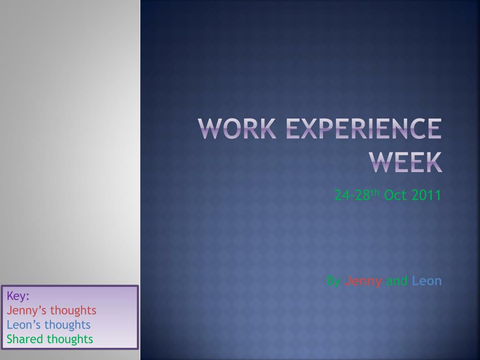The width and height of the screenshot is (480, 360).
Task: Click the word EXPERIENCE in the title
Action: click(x=364, y=129)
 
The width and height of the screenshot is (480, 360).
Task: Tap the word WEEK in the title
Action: click(x=405, y=162)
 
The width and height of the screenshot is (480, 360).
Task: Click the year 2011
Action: click(x=427, y=195)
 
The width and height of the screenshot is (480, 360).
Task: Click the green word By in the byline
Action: click(x=333, y=281)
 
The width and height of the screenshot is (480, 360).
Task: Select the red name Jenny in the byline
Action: click(x=363, y=281)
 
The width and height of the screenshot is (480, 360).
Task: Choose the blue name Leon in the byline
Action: click(x=427, y=281)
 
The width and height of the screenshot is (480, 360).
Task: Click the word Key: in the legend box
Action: click(x=18, y=296)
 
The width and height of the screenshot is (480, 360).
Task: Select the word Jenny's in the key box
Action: click(x=27, y=310)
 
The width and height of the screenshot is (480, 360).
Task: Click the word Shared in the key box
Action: click(x=25, y=339)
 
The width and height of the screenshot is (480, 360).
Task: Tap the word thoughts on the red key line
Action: click(x=73, y=310)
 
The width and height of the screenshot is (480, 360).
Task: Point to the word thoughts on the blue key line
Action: click(x=67, y=325)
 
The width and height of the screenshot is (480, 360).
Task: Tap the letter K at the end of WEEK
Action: click(x=434, y=162)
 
